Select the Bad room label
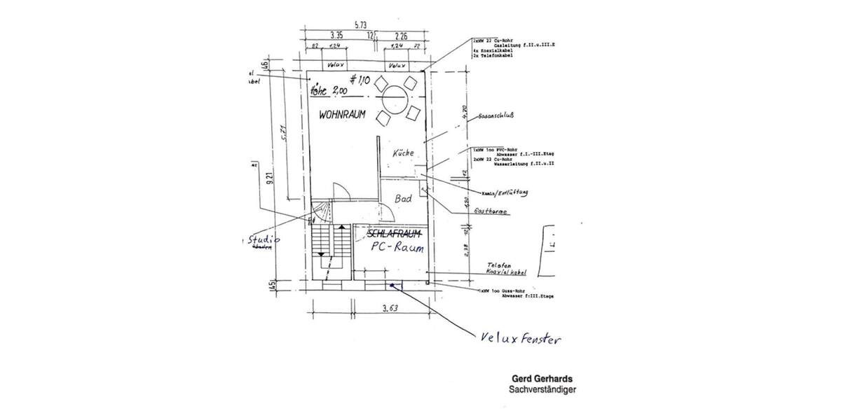403,199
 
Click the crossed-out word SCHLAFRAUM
394,233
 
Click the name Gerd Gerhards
542,379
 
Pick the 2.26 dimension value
401,34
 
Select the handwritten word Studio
263,240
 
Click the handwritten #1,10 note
362,80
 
